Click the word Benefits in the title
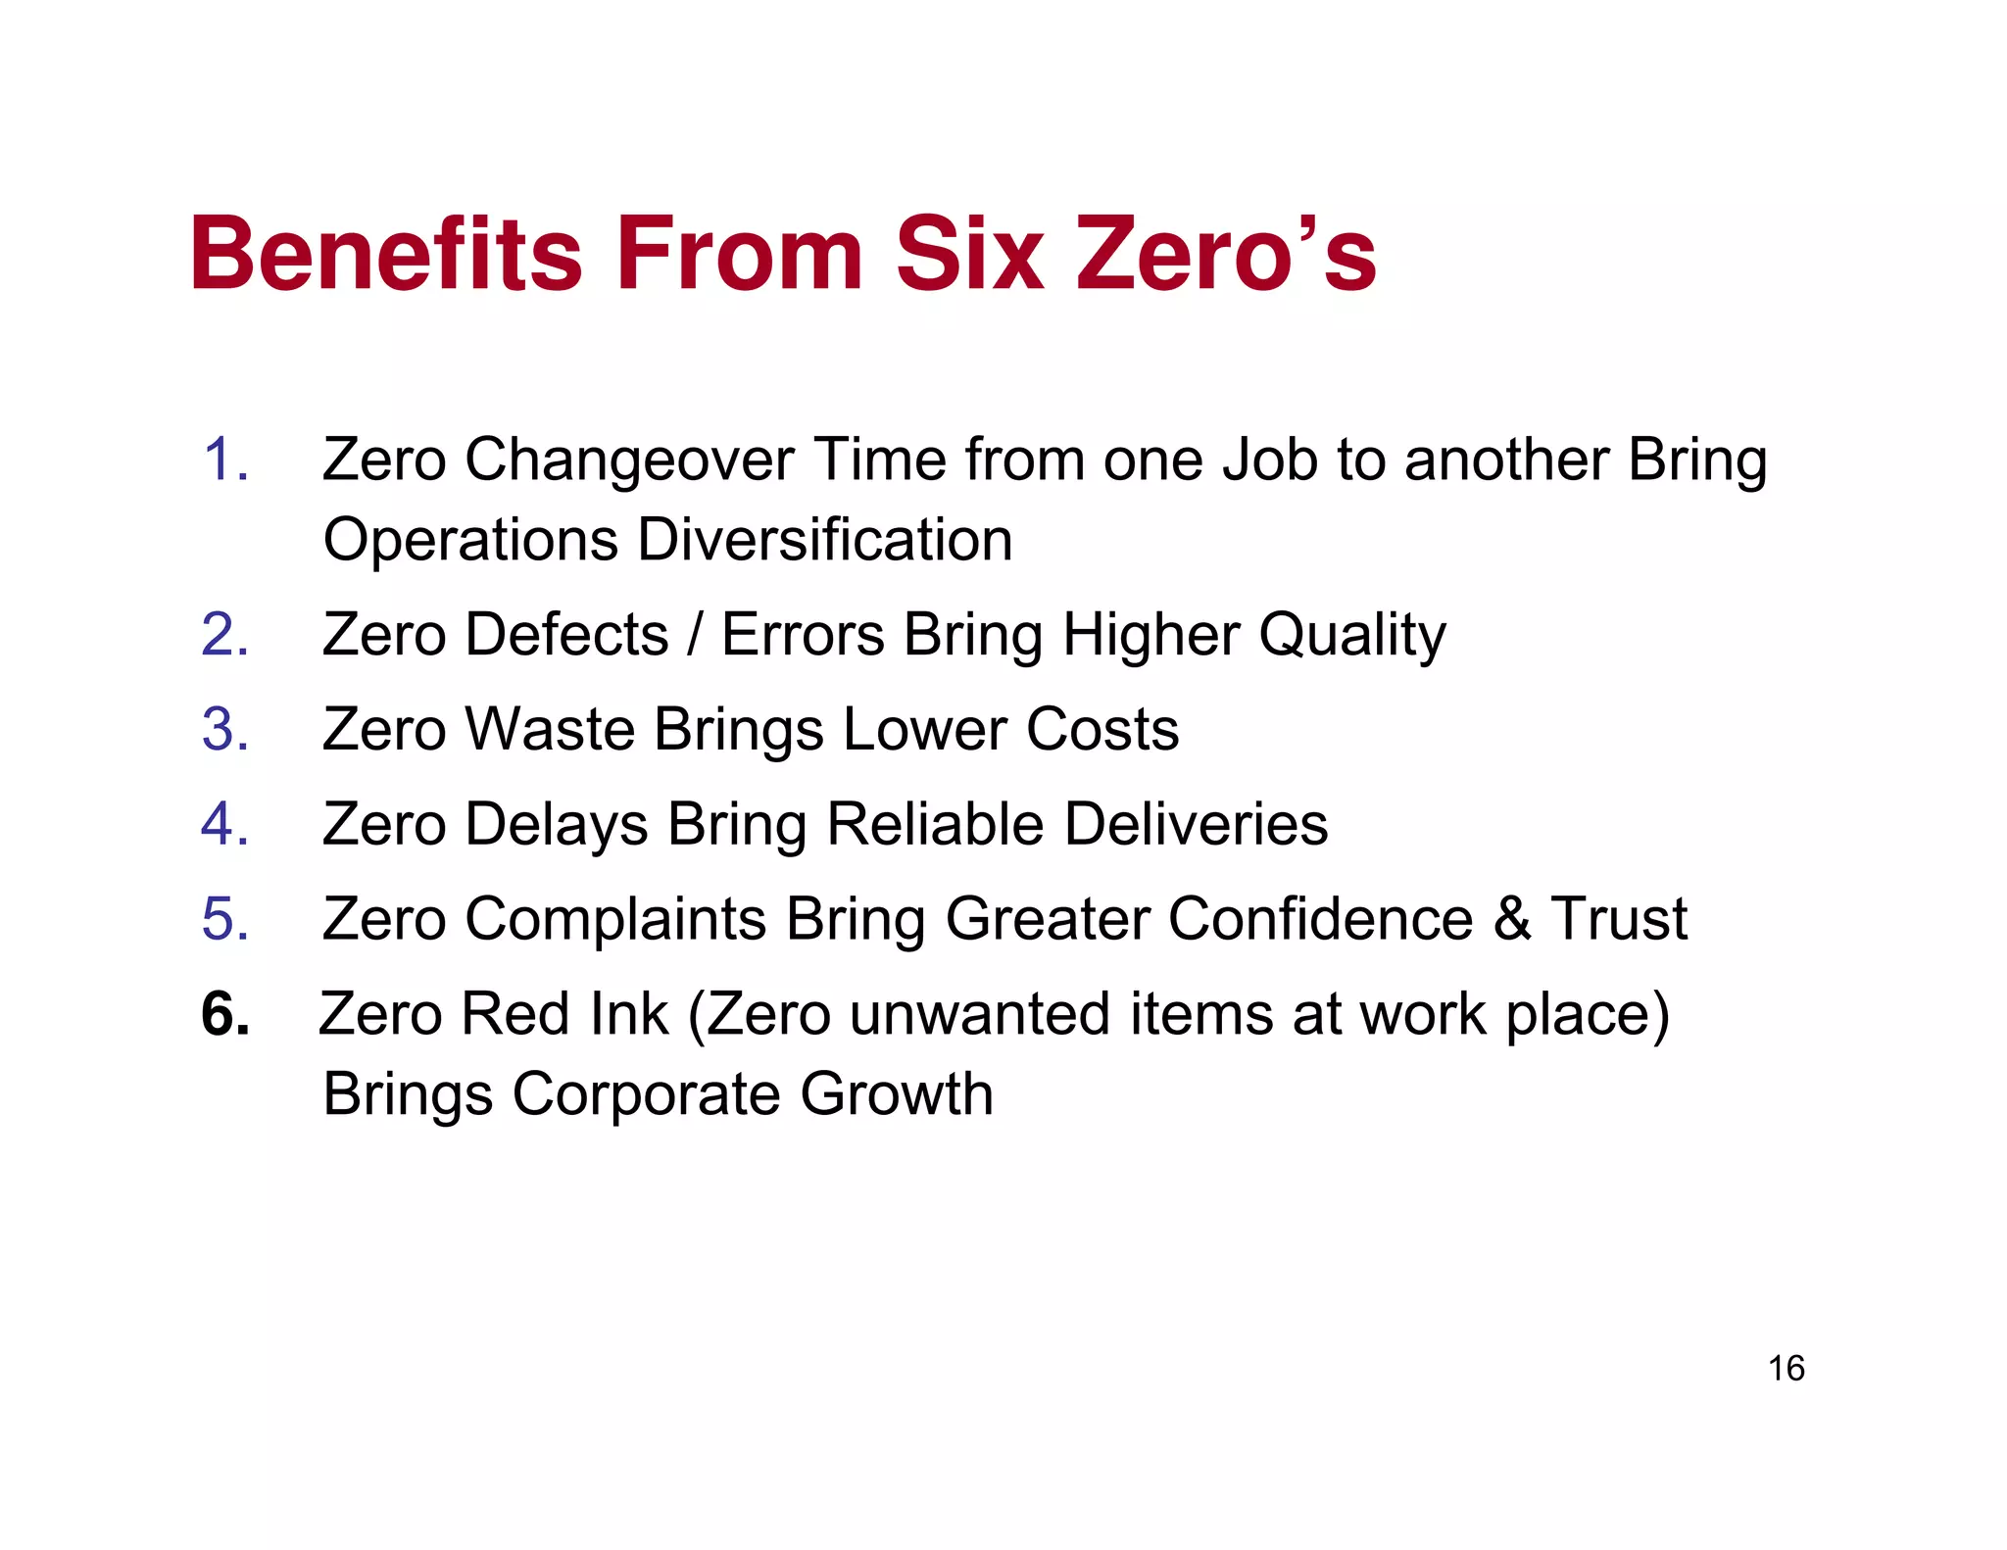coord(387,255)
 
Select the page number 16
coord(1786,1368)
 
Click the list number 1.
coord(224,460)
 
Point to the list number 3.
coord(224,730)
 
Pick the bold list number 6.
coord(224,1014)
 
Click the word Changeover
coord(628,460)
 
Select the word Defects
coord(566,635)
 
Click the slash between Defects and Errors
coord(695,635)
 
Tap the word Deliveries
coord(1196,824)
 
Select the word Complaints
coord(615,920)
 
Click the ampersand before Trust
coord(1512,919)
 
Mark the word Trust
coord(1619,919)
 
